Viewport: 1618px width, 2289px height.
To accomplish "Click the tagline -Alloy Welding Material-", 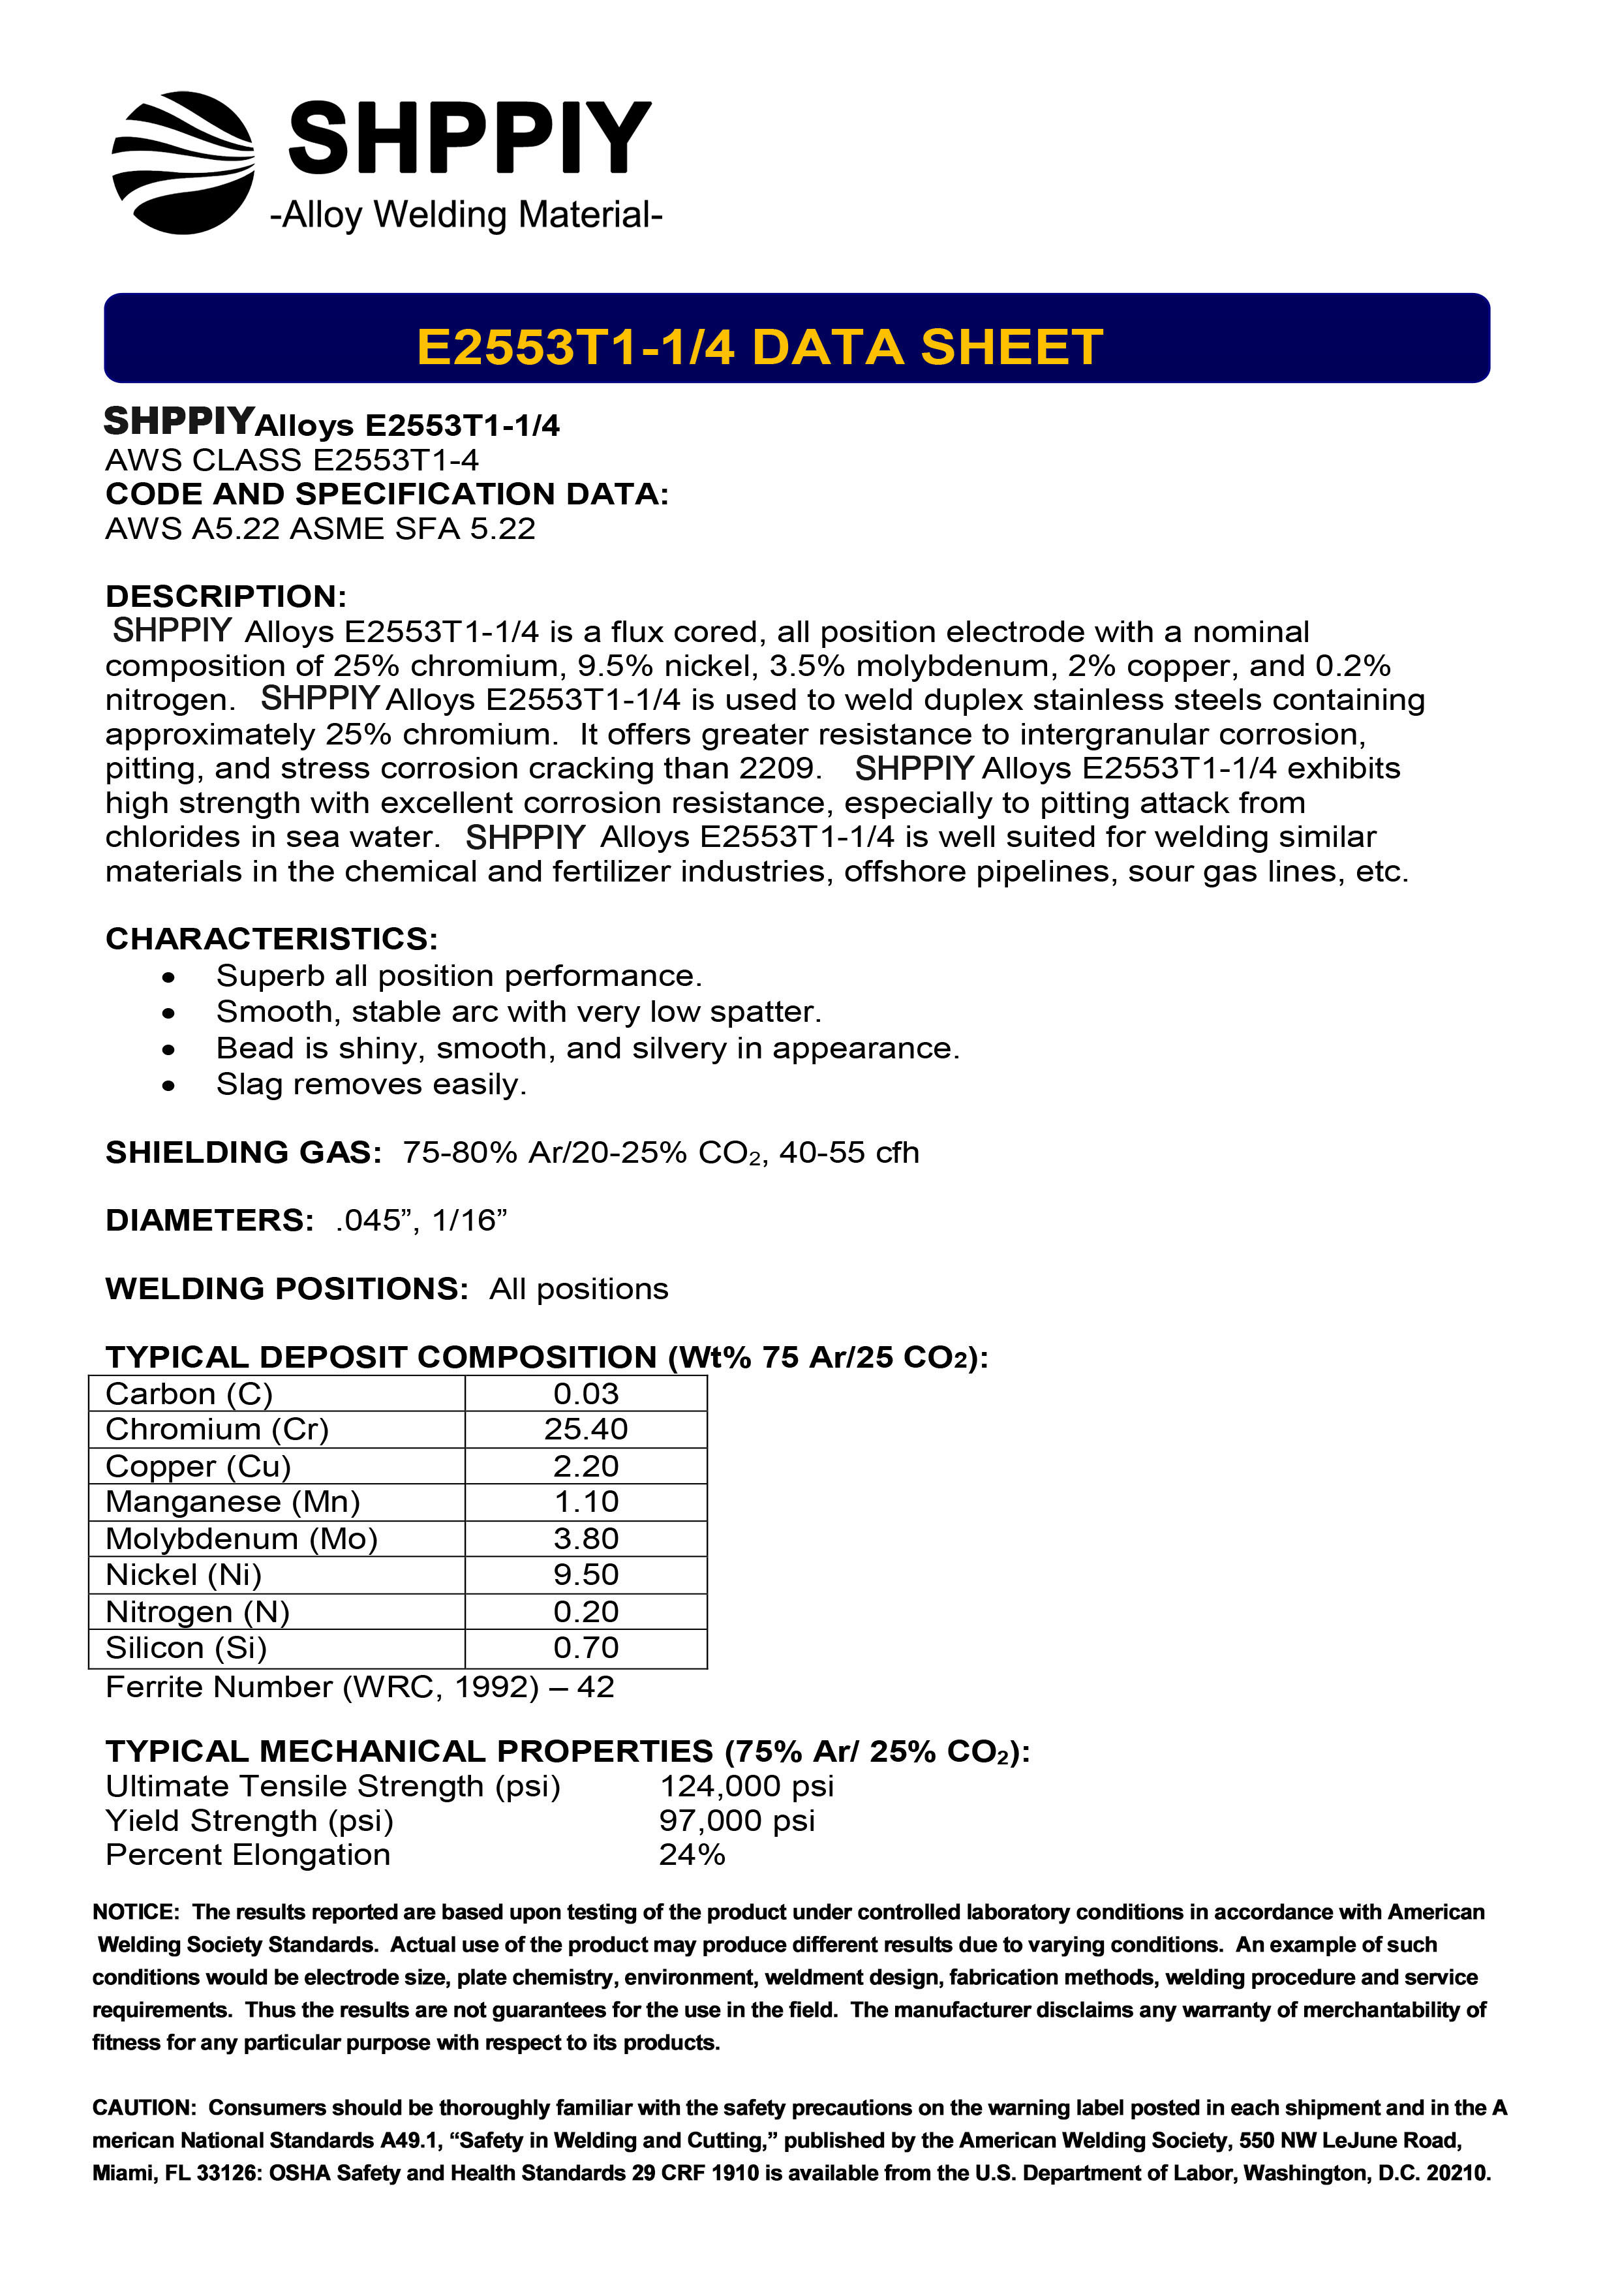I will [466, 214].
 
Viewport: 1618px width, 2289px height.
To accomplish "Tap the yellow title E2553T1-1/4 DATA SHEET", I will [759, 347].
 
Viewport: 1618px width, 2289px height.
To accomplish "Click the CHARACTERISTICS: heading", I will [271, 938].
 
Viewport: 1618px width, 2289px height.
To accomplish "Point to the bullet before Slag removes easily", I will [168, 1086].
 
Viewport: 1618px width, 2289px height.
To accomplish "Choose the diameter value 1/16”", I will [470, 1220].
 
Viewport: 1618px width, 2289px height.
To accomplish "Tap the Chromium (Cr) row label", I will [217, 1430].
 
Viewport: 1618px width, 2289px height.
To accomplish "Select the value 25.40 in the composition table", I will [586, 1430].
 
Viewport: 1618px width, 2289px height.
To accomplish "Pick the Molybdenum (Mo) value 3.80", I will [586, 1539].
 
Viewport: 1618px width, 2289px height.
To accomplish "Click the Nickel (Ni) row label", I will [183, 1575].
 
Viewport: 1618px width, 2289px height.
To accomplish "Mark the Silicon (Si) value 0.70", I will [586, 1648].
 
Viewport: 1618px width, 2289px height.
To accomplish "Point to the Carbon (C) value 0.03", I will [586, 1394].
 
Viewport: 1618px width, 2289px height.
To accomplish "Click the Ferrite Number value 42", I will [595, 1687].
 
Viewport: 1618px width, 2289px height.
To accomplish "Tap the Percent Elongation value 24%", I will [692, 1854].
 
